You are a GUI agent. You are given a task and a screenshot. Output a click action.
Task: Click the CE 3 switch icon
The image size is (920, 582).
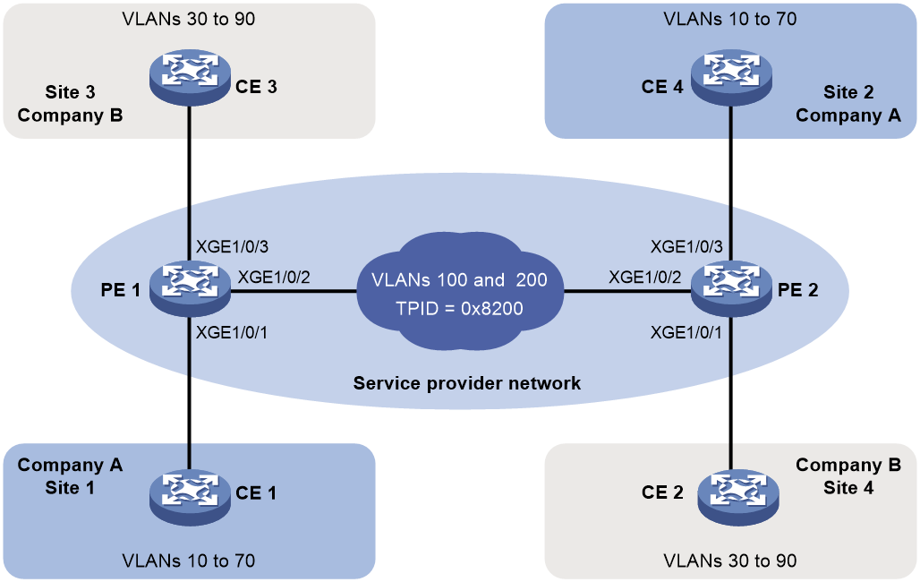[189, 77]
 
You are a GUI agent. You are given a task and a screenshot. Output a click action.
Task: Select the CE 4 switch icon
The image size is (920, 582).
[731, 77]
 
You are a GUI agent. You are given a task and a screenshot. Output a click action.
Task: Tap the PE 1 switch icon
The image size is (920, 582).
[189, 288]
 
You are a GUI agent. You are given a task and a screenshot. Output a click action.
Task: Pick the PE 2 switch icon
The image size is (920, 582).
[731, 288]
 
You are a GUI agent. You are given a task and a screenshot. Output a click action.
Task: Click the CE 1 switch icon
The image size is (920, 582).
[189, 496]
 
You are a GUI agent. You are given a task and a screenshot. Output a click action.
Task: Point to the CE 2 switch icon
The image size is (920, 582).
[738, 496]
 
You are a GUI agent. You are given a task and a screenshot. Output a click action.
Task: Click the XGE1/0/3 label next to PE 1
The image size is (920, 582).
[232, 246]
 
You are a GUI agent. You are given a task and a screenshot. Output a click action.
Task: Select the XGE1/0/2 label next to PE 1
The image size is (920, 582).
[274, 278]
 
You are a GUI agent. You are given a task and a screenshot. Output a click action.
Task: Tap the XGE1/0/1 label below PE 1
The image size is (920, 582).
[232, 332]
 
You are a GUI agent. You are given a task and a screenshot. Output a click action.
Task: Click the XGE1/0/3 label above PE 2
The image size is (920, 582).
[686, 246]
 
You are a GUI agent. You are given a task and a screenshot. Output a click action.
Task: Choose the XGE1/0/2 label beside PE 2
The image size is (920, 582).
[645, 278]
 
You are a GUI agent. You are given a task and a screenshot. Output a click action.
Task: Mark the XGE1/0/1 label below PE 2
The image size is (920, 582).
[686, 332]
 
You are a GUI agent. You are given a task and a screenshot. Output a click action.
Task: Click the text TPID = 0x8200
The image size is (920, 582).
[459, 308]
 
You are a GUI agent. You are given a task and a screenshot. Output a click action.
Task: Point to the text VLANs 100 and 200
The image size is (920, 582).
[459, 279]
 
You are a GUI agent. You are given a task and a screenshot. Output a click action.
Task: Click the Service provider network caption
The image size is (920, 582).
[467, 383]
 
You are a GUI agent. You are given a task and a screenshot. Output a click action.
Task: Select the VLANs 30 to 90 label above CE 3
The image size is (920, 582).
[189, 19]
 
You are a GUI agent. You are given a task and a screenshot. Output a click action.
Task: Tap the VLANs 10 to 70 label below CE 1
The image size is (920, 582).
[189, 561]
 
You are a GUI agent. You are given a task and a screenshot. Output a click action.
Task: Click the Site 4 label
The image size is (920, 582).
[848, 487]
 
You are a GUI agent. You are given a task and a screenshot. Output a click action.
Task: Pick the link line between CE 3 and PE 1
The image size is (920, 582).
[189, 184]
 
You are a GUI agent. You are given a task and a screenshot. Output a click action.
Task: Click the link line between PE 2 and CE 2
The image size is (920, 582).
[731, 393]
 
